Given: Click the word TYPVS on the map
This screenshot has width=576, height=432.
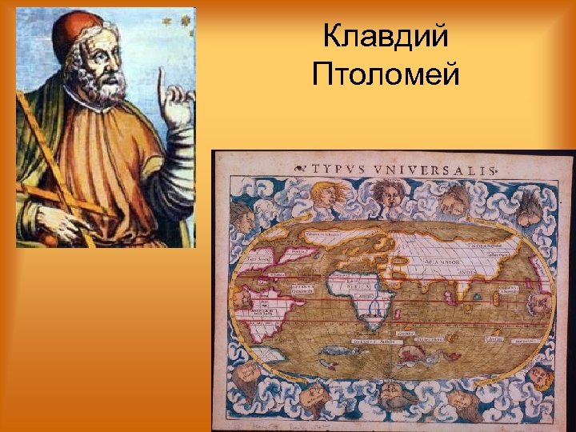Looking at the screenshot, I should click(342, 170).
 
